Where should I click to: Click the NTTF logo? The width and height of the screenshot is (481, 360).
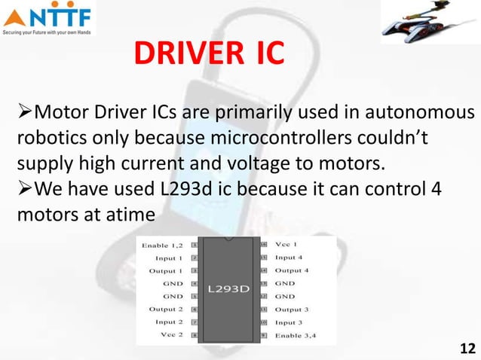coord(48,20)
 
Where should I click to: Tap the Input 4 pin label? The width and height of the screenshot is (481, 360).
coord(290,258)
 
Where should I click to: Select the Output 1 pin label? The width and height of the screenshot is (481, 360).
coord(165,270)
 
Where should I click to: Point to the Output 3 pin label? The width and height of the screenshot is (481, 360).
coord(292,310)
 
